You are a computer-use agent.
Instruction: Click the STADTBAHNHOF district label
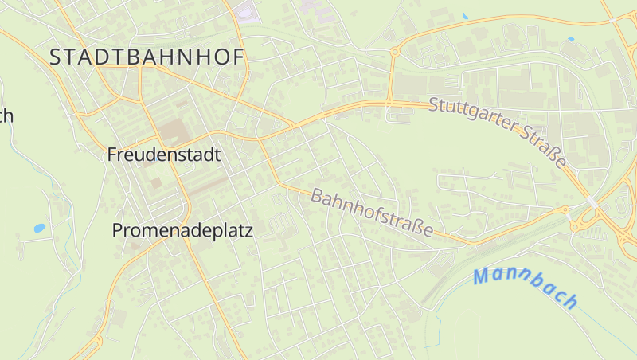(147, 57)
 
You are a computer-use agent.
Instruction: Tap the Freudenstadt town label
(163, 155)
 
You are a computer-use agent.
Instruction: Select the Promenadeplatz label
(182, 231)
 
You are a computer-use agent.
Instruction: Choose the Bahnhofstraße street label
(373, 213)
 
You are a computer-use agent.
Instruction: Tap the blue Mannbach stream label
(526, 288)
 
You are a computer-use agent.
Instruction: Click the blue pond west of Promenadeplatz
(39, 228)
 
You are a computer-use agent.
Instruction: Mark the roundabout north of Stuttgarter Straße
(394, 53)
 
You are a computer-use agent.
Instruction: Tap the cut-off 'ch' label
(6, 116)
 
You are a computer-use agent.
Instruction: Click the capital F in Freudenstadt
(112, 155)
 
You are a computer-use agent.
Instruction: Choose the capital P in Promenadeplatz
(118, 231)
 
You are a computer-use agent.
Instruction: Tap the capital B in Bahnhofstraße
(317, 195)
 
